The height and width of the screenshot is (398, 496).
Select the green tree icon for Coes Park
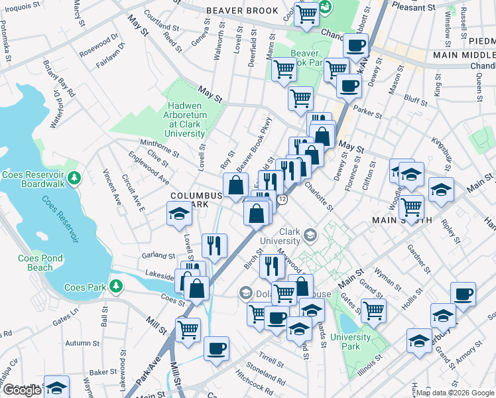click(x=117, y=286)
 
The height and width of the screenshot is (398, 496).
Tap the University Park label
click(x=350, y=342)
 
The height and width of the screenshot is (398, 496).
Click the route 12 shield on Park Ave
click(x=282, y=200)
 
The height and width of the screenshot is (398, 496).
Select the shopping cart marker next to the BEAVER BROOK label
click(x=306, y=14)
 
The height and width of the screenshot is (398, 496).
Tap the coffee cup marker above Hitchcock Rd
click(x=216, y=348)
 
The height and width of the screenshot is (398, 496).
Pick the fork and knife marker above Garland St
click(x=214, y=245)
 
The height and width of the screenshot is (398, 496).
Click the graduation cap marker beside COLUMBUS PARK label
click(x=178, y=214)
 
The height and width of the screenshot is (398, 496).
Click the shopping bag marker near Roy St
click(x=235, y=185)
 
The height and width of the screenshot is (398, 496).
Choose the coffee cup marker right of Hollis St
click(x=463, y=293)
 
